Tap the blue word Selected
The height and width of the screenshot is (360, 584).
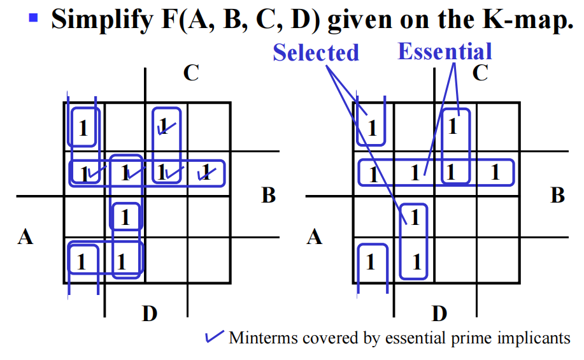[316, 53]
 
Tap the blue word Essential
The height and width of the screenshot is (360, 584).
[445, 52]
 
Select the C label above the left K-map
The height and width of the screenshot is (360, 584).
[190, 74]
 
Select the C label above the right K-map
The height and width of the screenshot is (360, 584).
[480, 74]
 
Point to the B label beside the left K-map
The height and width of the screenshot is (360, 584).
[268, 195]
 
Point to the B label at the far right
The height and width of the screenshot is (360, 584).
[557, 195]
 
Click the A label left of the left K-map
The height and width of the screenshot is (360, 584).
[25, 238]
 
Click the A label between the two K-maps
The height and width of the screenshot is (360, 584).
[314, 238]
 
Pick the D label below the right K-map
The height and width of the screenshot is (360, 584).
[439, 313]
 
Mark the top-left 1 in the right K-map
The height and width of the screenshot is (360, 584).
[373, 129]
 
